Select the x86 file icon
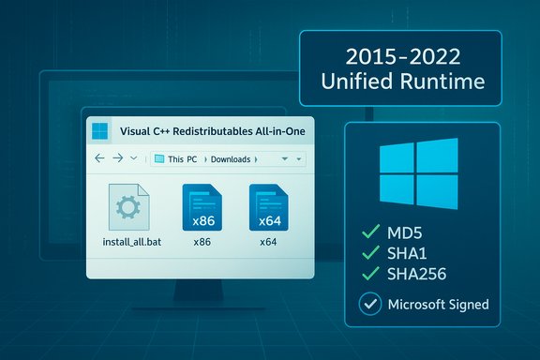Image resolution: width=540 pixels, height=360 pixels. [x=201, y=205]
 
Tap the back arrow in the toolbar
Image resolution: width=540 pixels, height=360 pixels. [x=100, y=158]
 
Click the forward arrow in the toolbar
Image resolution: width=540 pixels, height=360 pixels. [x=117, y=158]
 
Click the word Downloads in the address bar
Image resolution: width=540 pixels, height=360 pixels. [x=230, y=159]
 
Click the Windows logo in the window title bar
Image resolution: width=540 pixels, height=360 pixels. [x=101, y=130]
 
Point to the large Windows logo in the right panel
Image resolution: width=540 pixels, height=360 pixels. [x=418, y=175]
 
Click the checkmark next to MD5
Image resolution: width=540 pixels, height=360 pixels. [x=368, y=232]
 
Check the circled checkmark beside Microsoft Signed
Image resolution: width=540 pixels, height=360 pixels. [x=370, y=304]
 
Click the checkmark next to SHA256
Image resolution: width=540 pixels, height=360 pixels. [x=368, y=276]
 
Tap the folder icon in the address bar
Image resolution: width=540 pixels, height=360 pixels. [x=159, y=159]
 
